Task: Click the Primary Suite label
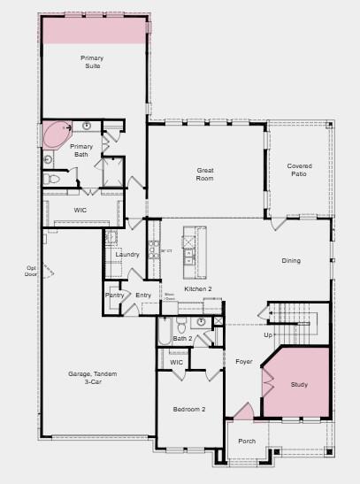(93, 62)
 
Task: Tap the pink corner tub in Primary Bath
(54, 135)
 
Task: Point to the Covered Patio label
(300, 170)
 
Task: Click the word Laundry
(127, 255)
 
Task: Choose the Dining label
(291, 261)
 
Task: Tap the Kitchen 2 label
(198, 289)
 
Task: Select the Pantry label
(115, 296)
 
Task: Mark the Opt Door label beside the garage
(32, 271)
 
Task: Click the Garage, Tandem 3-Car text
(92, 378)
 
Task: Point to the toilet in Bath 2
(203, 323)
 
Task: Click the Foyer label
(243, 362)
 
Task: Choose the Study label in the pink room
(299, 385)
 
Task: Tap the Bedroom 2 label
(189, 409)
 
